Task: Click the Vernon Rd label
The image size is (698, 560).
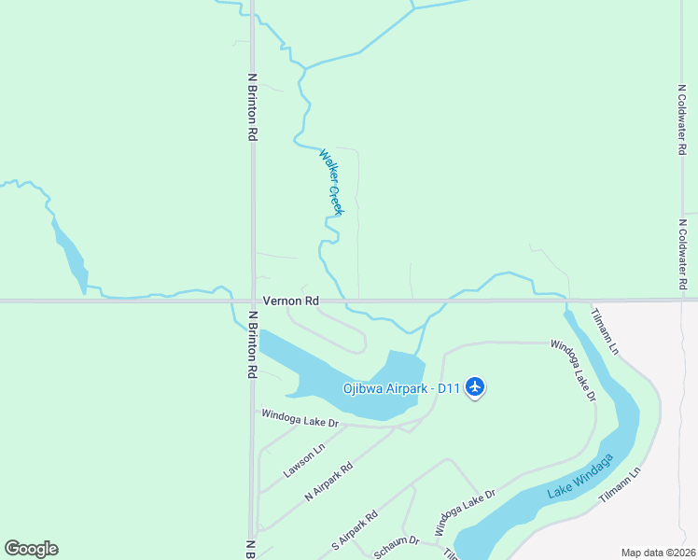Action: coord(291,301)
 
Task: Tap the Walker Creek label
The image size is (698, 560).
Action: coord(331,182)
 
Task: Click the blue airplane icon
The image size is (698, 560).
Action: coord(475,386)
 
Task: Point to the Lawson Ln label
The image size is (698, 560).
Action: coord(303,460)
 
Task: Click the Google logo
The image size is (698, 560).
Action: coord(31,549)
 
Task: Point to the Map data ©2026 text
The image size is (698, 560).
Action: coord(659,553)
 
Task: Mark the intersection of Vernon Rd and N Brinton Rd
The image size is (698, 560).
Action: coord(252,301)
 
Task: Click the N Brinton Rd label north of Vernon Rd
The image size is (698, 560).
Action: coord(252,107)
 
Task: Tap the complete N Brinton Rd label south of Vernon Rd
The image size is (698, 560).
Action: coord(252,344)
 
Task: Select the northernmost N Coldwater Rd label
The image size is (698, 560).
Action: coord(682,119)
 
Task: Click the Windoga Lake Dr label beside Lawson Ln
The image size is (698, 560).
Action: coord(299,418)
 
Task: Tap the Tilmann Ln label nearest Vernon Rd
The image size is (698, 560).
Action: coord(605,330)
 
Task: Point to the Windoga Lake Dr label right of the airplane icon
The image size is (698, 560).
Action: coord(572,371)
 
